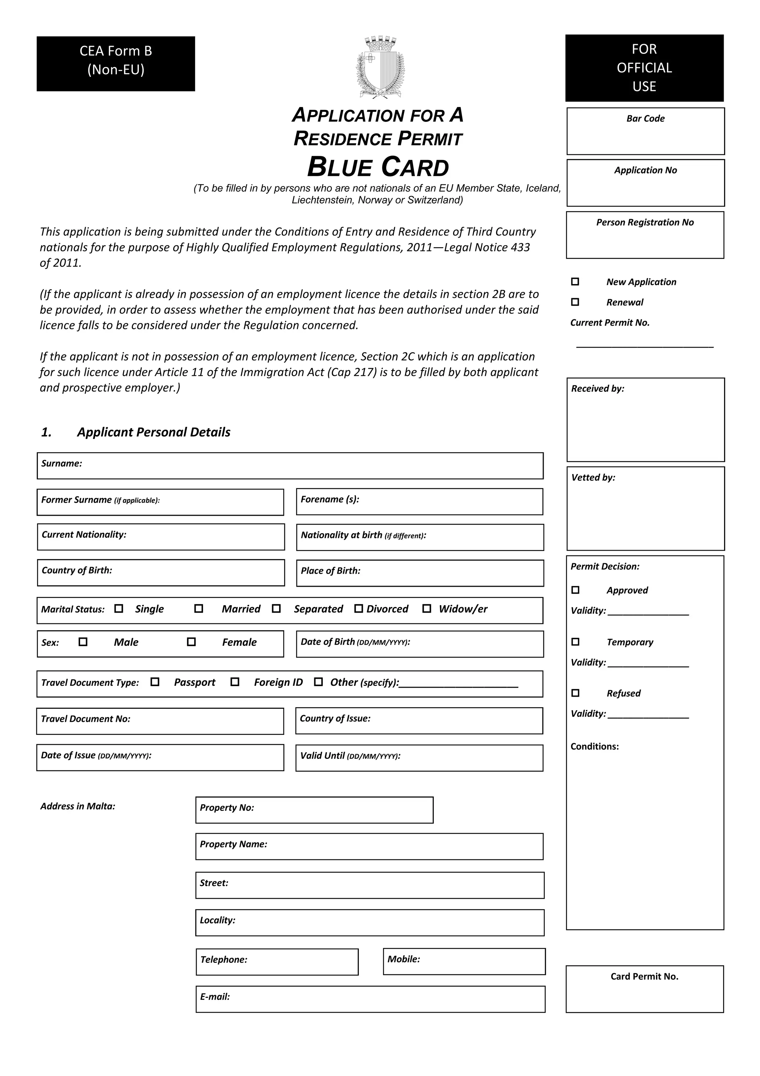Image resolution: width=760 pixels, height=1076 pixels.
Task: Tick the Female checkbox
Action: pyautogui.click(x=191, y=642)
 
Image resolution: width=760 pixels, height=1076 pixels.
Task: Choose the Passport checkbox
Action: pyautogui.click(x=155, y=682)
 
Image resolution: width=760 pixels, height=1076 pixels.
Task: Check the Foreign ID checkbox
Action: pyautogui.click(x=235, y=682)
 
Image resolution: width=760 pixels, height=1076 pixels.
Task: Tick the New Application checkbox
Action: pyautogui.click(x=575, y=282)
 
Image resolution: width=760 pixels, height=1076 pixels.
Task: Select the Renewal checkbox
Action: pyautogui.click(x=575, y=302)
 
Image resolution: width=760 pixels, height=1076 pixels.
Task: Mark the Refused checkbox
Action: pyautogui.click(x=576, y=693)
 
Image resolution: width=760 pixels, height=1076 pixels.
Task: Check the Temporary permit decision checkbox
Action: pyautogui.click(x=576, y=642)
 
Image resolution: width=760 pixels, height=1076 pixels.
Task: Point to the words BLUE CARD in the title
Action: pyautogui.click(x=378, y=167)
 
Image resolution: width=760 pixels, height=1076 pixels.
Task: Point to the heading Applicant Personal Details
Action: pyautogui.click(x=154, y=432)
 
